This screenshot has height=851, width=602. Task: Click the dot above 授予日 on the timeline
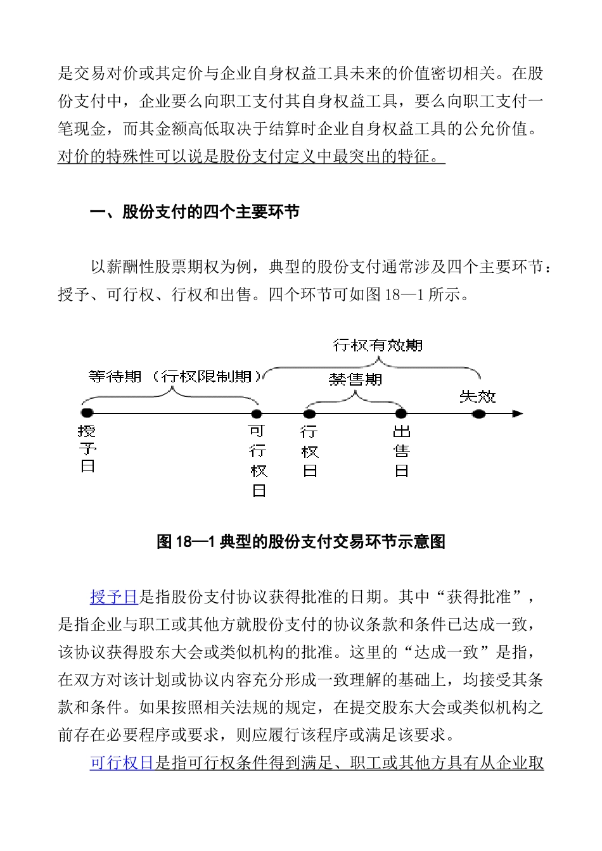87,413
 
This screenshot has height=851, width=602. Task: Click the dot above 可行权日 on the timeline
257,413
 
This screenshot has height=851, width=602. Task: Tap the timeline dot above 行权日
309,413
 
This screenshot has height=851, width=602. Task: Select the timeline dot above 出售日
401,413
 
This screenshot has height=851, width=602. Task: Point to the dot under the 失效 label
479,413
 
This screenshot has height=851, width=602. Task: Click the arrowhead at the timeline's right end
518,413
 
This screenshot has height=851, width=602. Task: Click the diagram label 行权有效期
378,345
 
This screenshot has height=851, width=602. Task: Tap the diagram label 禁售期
355,379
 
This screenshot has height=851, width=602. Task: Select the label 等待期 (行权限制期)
175,377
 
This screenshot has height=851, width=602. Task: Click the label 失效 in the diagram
478,397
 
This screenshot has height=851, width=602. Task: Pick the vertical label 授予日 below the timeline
87,449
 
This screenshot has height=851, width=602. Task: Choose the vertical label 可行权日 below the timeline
258,460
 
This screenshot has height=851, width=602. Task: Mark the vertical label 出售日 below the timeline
402,451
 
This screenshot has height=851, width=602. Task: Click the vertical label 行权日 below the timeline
310,451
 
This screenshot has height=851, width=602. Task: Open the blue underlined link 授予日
114,596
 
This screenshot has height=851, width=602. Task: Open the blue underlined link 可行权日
122,763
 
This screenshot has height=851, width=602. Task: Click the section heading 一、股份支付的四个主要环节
195,211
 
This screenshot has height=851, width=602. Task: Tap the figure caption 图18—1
301,542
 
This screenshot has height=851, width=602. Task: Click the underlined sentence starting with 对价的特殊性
252,156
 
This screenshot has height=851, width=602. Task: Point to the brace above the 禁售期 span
355,397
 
